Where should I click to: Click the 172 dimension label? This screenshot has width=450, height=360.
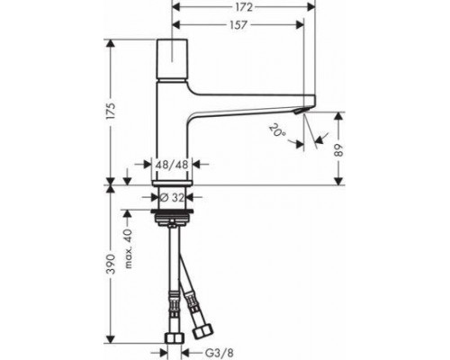point(244,5)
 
